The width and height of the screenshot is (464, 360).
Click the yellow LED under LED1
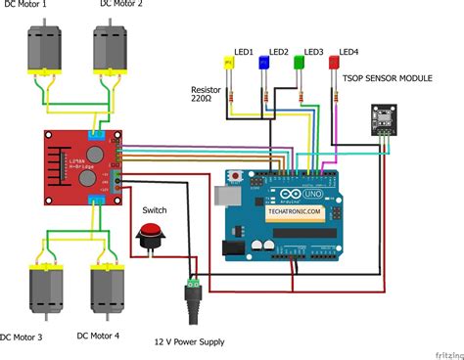(x=230, y=64)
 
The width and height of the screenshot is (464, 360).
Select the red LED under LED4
(x=335, y=64)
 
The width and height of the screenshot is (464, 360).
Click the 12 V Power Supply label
(x=188, y=341)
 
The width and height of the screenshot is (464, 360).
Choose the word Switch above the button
(x=155, y=209)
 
